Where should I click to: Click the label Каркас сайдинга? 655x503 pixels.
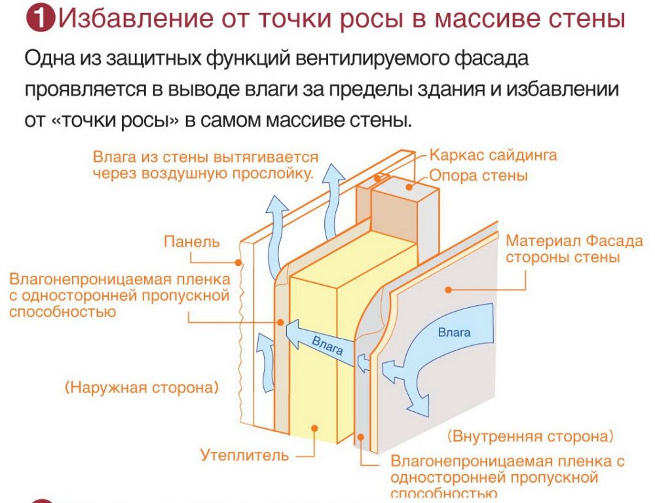[493, 156]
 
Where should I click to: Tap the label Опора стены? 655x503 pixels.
[479, 176]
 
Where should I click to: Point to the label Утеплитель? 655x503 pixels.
[244, 455]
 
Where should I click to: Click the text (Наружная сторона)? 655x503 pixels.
[141, 388]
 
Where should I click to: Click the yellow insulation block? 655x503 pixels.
[314, 367]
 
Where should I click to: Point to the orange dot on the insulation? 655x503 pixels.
[314, 428]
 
